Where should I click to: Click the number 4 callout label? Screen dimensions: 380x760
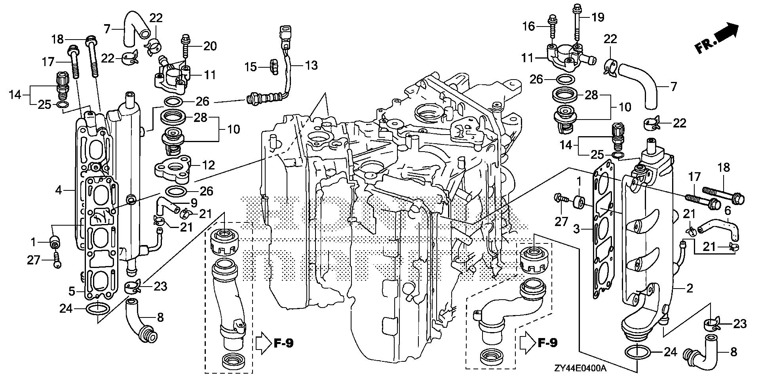(59, 191)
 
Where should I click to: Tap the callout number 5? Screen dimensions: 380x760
(72, 292)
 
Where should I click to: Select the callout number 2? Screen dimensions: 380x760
(689, 289)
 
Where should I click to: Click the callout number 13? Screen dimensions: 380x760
(312, 65)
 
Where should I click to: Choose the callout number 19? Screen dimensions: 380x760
(598, 17)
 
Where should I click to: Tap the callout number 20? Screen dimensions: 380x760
(210, 46)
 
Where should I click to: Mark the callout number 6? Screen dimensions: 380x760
(728, 211)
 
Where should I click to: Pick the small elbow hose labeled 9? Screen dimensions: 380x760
(169, 205)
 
